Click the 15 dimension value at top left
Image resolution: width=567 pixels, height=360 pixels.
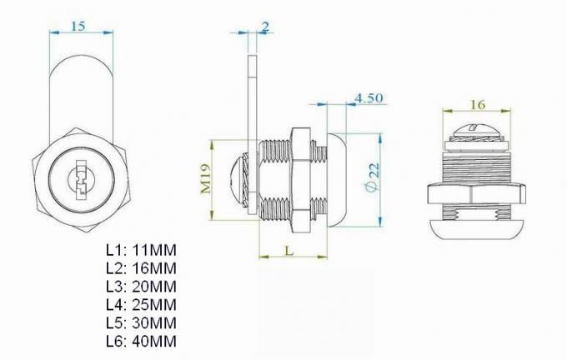point(77,25)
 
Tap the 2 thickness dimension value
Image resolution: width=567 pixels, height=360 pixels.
point(264,27)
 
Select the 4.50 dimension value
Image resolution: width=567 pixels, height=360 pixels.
point(368,97)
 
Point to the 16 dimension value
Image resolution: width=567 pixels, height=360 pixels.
point(477,104)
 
